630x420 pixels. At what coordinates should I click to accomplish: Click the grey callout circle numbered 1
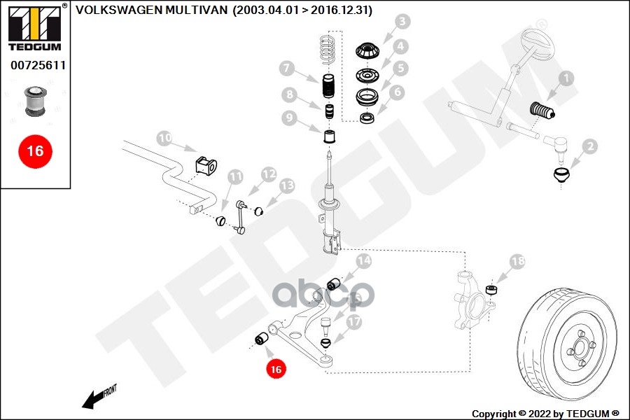tap(565, 79)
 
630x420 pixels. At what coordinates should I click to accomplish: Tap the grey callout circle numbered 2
tap(589, 146)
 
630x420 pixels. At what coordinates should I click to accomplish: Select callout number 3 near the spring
tap(401, 22)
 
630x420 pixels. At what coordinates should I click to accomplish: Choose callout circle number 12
tap(269, 173)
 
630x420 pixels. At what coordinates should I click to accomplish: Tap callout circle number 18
tap(517, 262)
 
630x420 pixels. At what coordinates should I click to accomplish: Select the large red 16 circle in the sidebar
tap(34, 150)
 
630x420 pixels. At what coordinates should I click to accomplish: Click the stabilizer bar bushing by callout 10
tap(204, 165)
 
